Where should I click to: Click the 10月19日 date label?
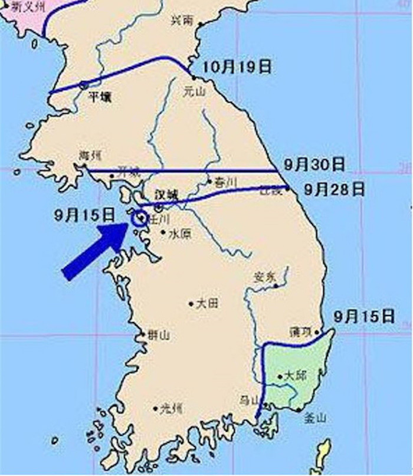coord(237,67)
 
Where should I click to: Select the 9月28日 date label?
coord(334,190)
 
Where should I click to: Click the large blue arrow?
coord(97,250)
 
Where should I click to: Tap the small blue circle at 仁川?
coord(139,219)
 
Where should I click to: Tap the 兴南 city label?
coord(182,20)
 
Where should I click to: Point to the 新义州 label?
coord(24,8)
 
